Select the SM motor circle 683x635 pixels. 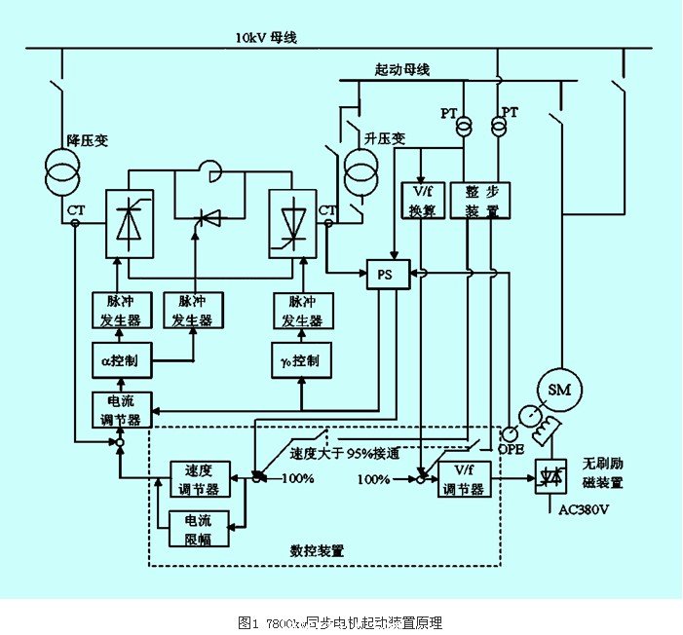560,391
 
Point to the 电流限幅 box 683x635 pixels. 198,528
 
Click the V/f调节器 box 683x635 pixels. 463,480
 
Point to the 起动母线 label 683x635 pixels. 401,70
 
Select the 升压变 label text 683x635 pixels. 380,136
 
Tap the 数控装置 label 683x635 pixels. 318,550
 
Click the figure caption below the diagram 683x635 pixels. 341,620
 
